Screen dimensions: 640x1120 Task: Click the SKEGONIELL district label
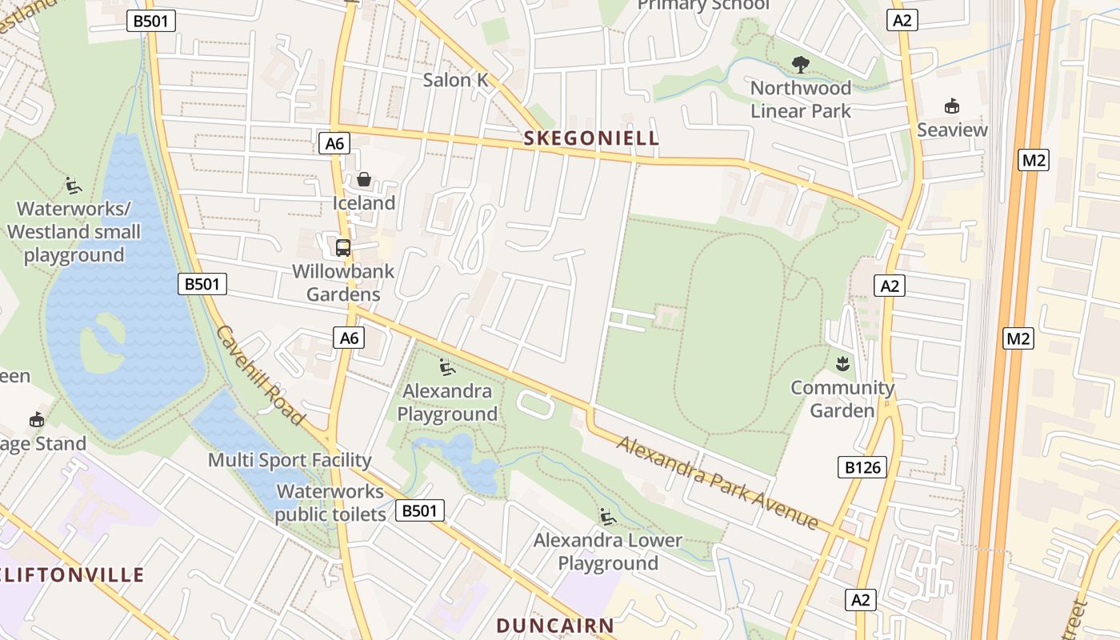click(591, 138)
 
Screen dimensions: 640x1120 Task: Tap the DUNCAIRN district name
click(555, 625)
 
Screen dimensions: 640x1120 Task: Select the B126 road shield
click(863, 467)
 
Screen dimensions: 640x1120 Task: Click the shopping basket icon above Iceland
click(364, 179)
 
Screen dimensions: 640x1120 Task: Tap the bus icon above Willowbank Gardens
click(343, 247)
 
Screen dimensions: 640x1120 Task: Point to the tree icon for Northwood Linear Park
click(800, 65)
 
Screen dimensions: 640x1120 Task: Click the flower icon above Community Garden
click(842, 364)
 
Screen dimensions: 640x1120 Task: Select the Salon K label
click(455, 80)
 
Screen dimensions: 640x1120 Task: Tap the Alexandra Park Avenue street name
click(718, 482)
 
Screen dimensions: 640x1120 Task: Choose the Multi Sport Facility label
click(290, 460)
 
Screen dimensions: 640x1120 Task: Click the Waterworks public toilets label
click(330, 502)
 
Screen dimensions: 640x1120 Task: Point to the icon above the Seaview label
click(952, 106)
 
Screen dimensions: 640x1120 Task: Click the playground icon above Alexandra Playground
click(447, 367)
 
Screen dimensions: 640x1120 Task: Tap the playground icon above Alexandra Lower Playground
click(608, 517)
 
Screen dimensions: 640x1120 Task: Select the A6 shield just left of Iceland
click(335, 144)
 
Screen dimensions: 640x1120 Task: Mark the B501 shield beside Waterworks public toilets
click(420, 510)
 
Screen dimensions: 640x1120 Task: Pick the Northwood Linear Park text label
click(800, 99)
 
